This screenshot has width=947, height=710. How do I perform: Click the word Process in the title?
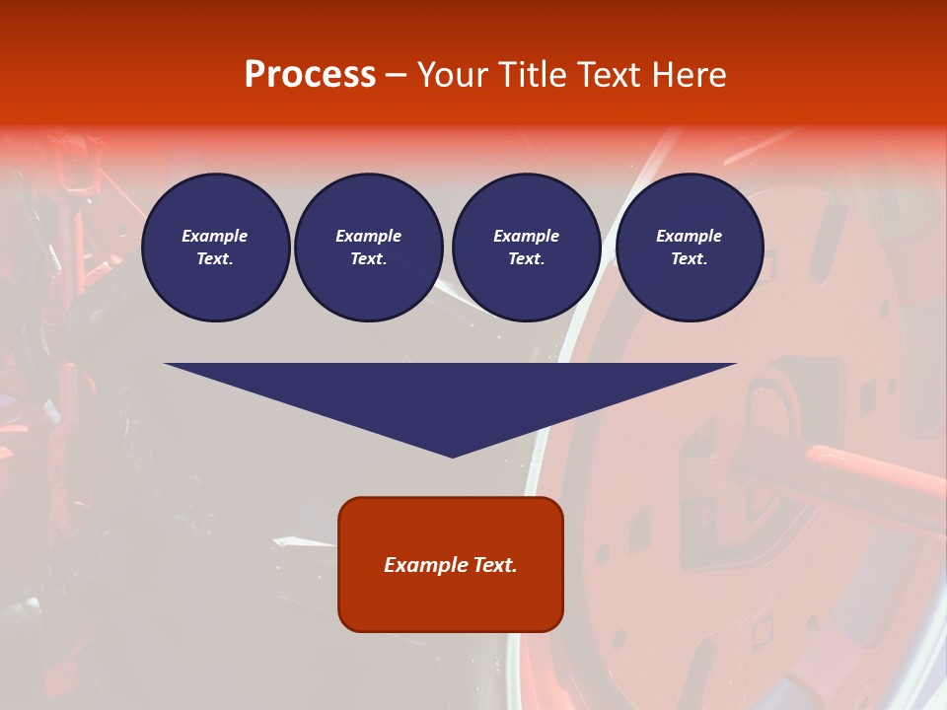tap(310, 75)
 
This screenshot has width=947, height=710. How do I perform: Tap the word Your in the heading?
tap(455, 75)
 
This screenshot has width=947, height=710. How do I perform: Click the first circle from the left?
tap(216, 248)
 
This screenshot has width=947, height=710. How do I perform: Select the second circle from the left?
tap(369, 248)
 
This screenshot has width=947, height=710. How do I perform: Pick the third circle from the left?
tap(527, 248)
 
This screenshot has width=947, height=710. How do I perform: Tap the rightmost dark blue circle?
tap(690, 248)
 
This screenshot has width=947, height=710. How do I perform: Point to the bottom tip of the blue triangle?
tap(452, 457)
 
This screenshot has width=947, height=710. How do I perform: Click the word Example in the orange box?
tap(426, 565)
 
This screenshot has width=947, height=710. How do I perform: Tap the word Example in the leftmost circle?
tap(215, 236)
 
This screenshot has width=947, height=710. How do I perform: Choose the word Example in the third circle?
tap(527, 236)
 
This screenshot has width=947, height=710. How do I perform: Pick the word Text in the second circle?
tap(367, 259)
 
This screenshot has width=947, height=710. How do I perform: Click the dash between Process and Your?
tap(396, 76)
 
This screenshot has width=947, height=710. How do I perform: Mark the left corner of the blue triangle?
tap(166, 364)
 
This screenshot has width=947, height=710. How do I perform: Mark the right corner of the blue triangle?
tap(735, 364)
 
